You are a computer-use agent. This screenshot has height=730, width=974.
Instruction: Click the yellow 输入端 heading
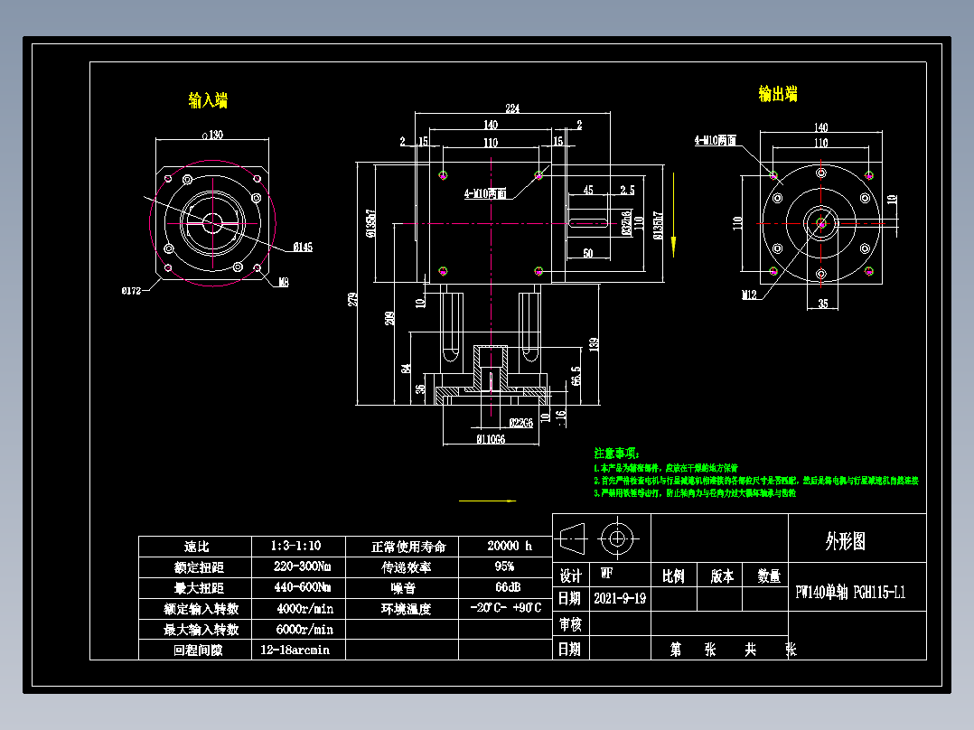pos(208,100)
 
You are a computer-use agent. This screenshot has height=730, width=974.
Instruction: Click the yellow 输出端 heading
pos(777,93)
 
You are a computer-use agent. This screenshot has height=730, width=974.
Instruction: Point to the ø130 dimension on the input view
pos(211,135)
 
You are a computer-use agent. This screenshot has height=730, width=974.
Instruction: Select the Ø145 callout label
pos(303,247)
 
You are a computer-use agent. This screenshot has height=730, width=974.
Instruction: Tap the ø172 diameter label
pos(133,290)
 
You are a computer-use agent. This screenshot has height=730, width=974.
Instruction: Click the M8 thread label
pos(284,283)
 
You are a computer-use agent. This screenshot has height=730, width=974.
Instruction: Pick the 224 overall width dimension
pos(512,108)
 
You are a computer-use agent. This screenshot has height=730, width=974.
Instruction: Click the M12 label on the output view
pos(749,295)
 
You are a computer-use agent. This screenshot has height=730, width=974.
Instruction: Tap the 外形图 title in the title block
pos(845,541)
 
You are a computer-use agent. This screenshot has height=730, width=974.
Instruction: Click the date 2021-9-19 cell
pos(620,598)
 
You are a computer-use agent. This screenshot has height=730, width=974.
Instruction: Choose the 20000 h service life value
pos(510,547)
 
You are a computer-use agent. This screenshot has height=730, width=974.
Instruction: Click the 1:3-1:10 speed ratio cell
pos(295,547)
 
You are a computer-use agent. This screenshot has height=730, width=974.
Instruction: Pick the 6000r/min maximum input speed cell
pos(304,629)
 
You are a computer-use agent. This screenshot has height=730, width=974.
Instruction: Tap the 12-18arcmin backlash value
pos(295,650)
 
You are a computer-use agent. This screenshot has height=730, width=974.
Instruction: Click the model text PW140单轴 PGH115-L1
pos(849,594)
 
